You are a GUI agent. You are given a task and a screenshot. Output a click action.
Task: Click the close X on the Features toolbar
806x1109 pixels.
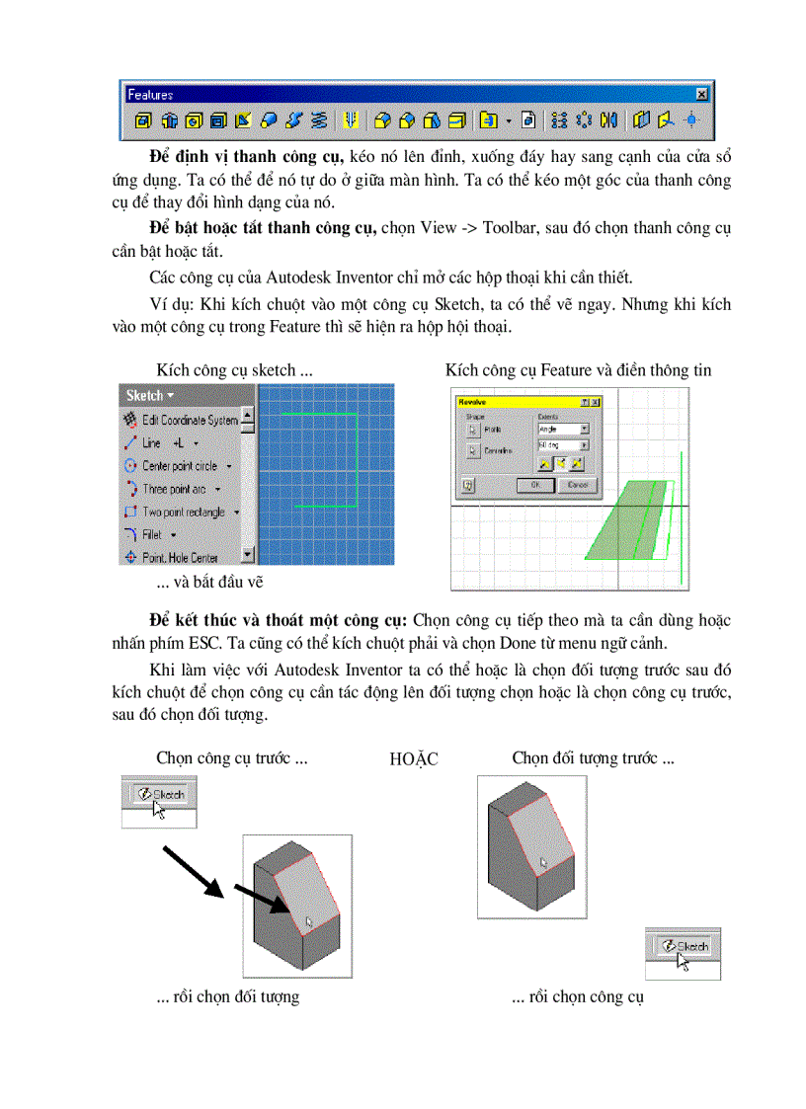click(x=701, y=94)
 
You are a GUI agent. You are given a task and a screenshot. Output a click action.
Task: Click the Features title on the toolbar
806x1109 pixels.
click(x=151, y=95)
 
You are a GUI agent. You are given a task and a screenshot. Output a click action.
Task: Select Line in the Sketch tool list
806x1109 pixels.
click(x=152, y=443)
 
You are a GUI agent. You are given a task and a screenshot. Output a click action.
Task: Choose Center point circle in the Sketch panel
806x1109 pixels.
click(x=179, y=466)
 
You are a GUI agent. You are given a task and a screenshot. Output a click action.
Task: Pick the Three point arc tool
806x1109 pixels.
click(x=173, y=489)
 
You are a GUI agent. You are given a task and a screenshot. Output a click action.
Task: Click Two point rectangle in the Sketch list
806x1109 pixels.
click(x=183, y=513)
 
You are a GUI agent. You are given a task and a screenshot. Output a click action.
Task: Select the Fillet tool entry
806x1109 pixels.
click(x=152, y=535)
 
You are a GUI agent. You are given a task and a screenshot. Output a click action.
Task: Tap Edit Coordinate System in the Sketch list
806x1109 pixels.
click(x=189, y=421)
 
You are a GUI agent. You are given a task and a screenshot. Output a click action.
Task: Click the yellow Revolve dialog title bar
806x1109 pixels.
click(x=514, y=403)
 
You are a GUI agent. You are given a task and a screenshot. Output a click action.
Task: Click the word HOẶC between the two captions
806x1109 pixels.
click(x=415, y=759)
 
